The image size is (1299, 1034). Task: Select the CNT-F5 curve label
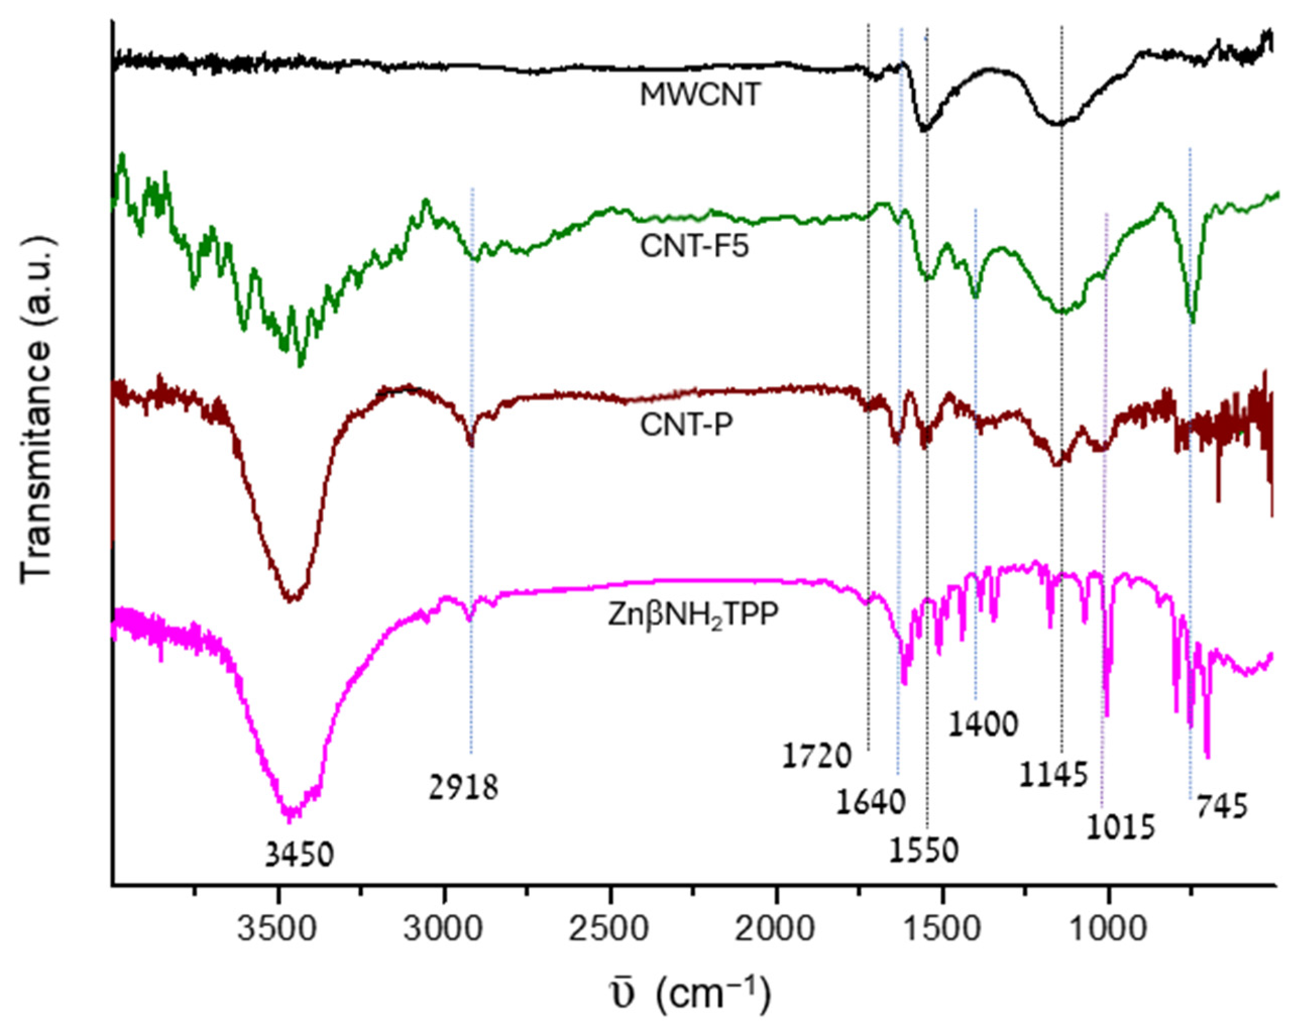click(x=694, y=247)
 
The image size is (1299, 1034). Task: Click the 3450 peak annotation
click(x=299, y=855)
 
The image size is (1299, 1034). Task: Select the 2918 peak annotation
click(x=464, y=787)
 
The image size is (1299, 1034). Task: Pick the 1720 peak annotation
click(x=818, y=756)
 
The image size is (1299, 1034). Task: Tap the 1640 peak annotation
click(x=871, y=802)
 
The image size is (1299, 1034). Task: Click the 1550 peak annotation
click(x=923, y=851)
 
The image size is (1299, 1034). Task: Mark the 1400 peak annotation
click(x=983, y=724)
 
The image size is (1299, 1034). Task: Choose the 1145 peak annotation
click(x=1053, y=774)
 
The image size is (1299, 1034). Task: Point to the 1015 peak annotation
click(x=1120, y=827)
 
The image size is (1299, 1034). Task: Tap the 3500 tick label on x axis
click(x=276, y=931)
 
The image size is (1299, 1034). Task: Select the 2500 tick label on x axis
click(x=610, y=931)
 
